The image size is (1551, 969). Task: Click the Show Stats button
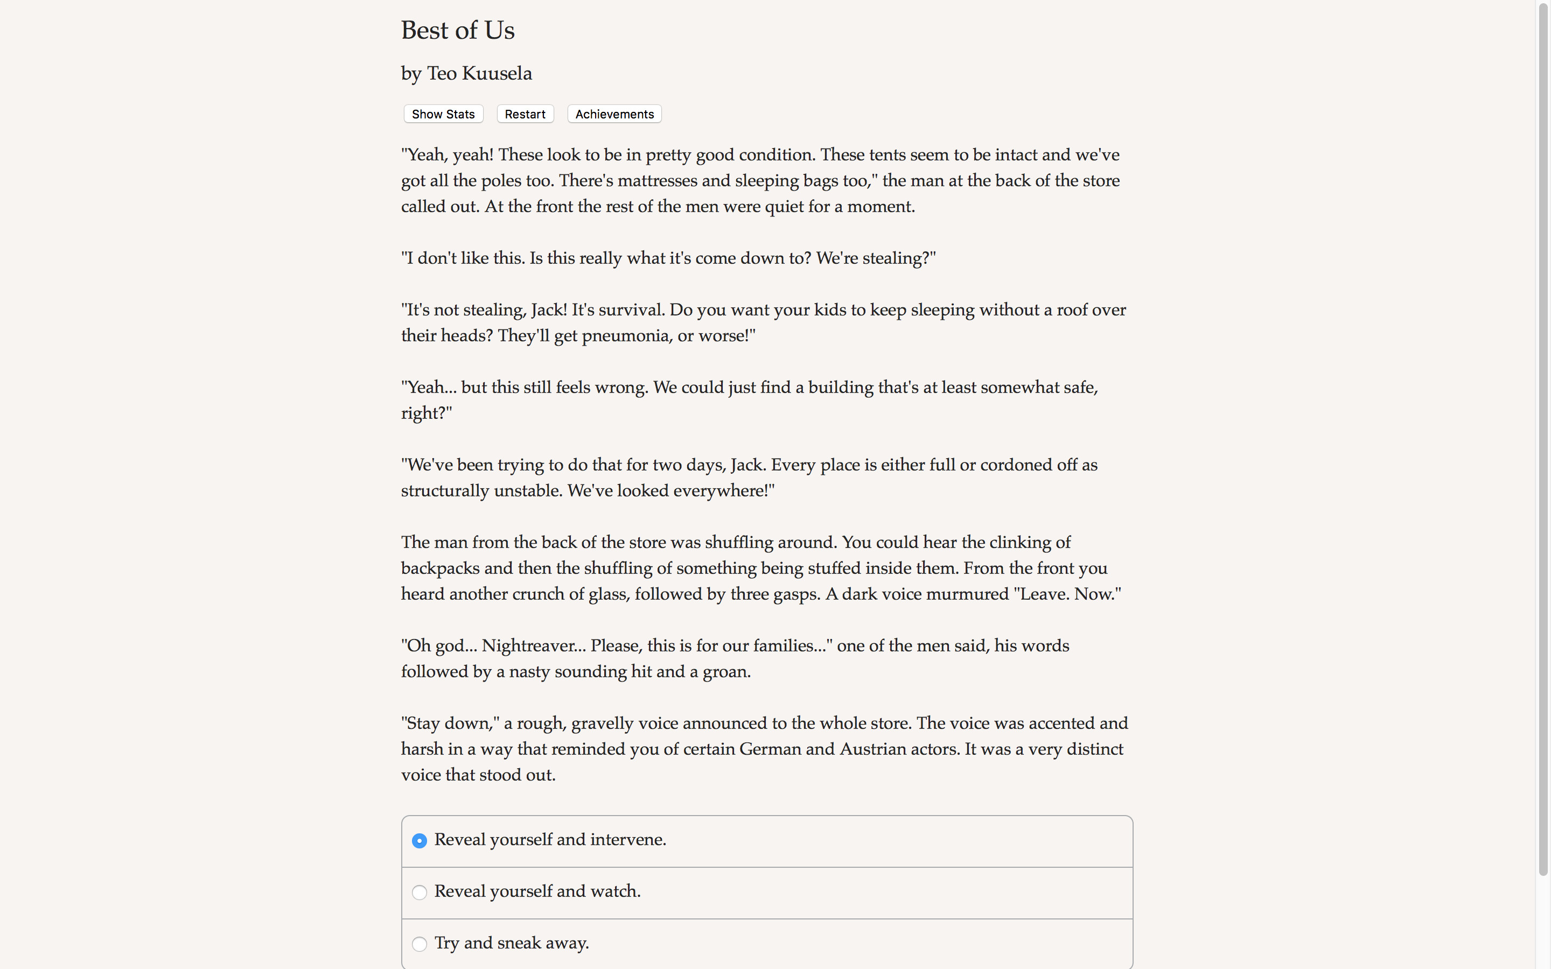[x=443, y=114]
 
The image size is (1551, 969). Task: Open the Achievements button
[x=614, y=114]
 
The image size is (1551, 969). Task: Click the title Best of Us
[x=458, y=30]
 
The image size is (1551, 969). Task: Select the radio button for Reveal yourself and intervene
[x=419, y=841]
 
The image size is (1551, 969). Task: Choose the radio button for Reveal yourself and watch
[x=419, y=893]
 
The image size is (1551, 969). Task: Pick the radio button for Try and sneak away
[x=419, y=944]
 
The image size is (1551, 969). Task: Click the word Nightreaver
[x=533, y=645]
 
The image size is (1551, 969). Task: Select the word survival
[x=631, y=310]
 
